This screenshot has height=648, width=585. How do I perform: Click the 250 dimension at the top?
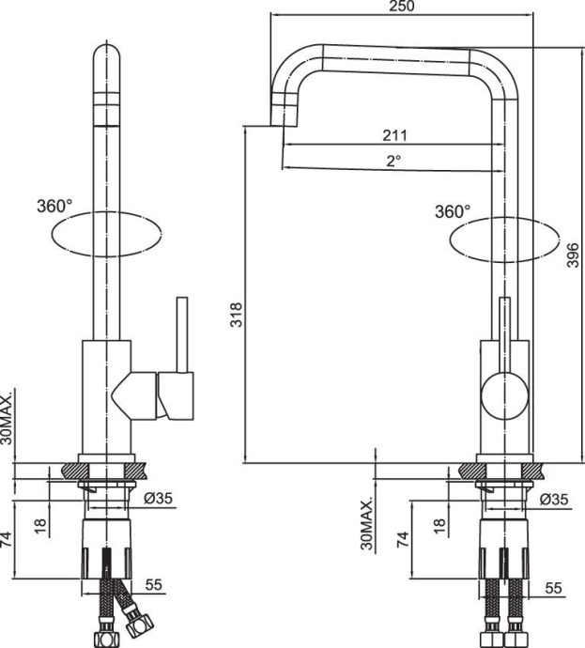tap(401, 8)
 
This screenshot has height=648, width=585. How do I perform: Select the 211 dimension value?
tap(394, 135)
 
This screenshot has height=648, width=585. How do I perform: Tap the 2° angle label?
tap(393, 161)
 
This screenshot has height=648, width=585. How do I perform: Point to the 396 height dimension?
tap(573, 252)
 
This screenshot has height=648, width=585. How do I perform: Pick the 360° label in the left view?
tap(55, 206)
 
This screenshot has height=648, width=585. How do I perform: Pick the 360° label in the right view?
tap(453, 211)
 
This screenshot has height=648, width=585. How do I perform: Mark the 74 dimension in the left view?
tap(8, 539)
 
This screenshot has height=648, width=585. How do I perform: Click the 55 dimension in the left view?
tap(155, 583)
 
